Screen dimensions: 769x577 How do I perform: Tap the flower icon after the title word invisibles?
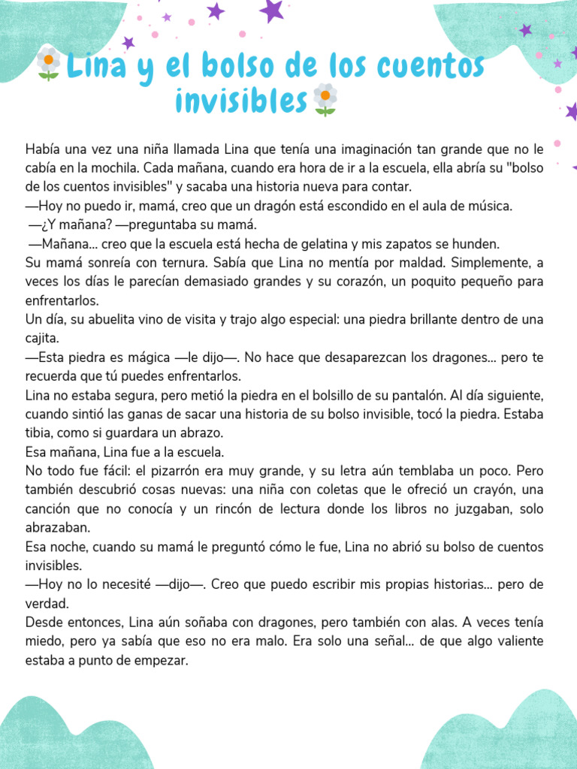[325, 99]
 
